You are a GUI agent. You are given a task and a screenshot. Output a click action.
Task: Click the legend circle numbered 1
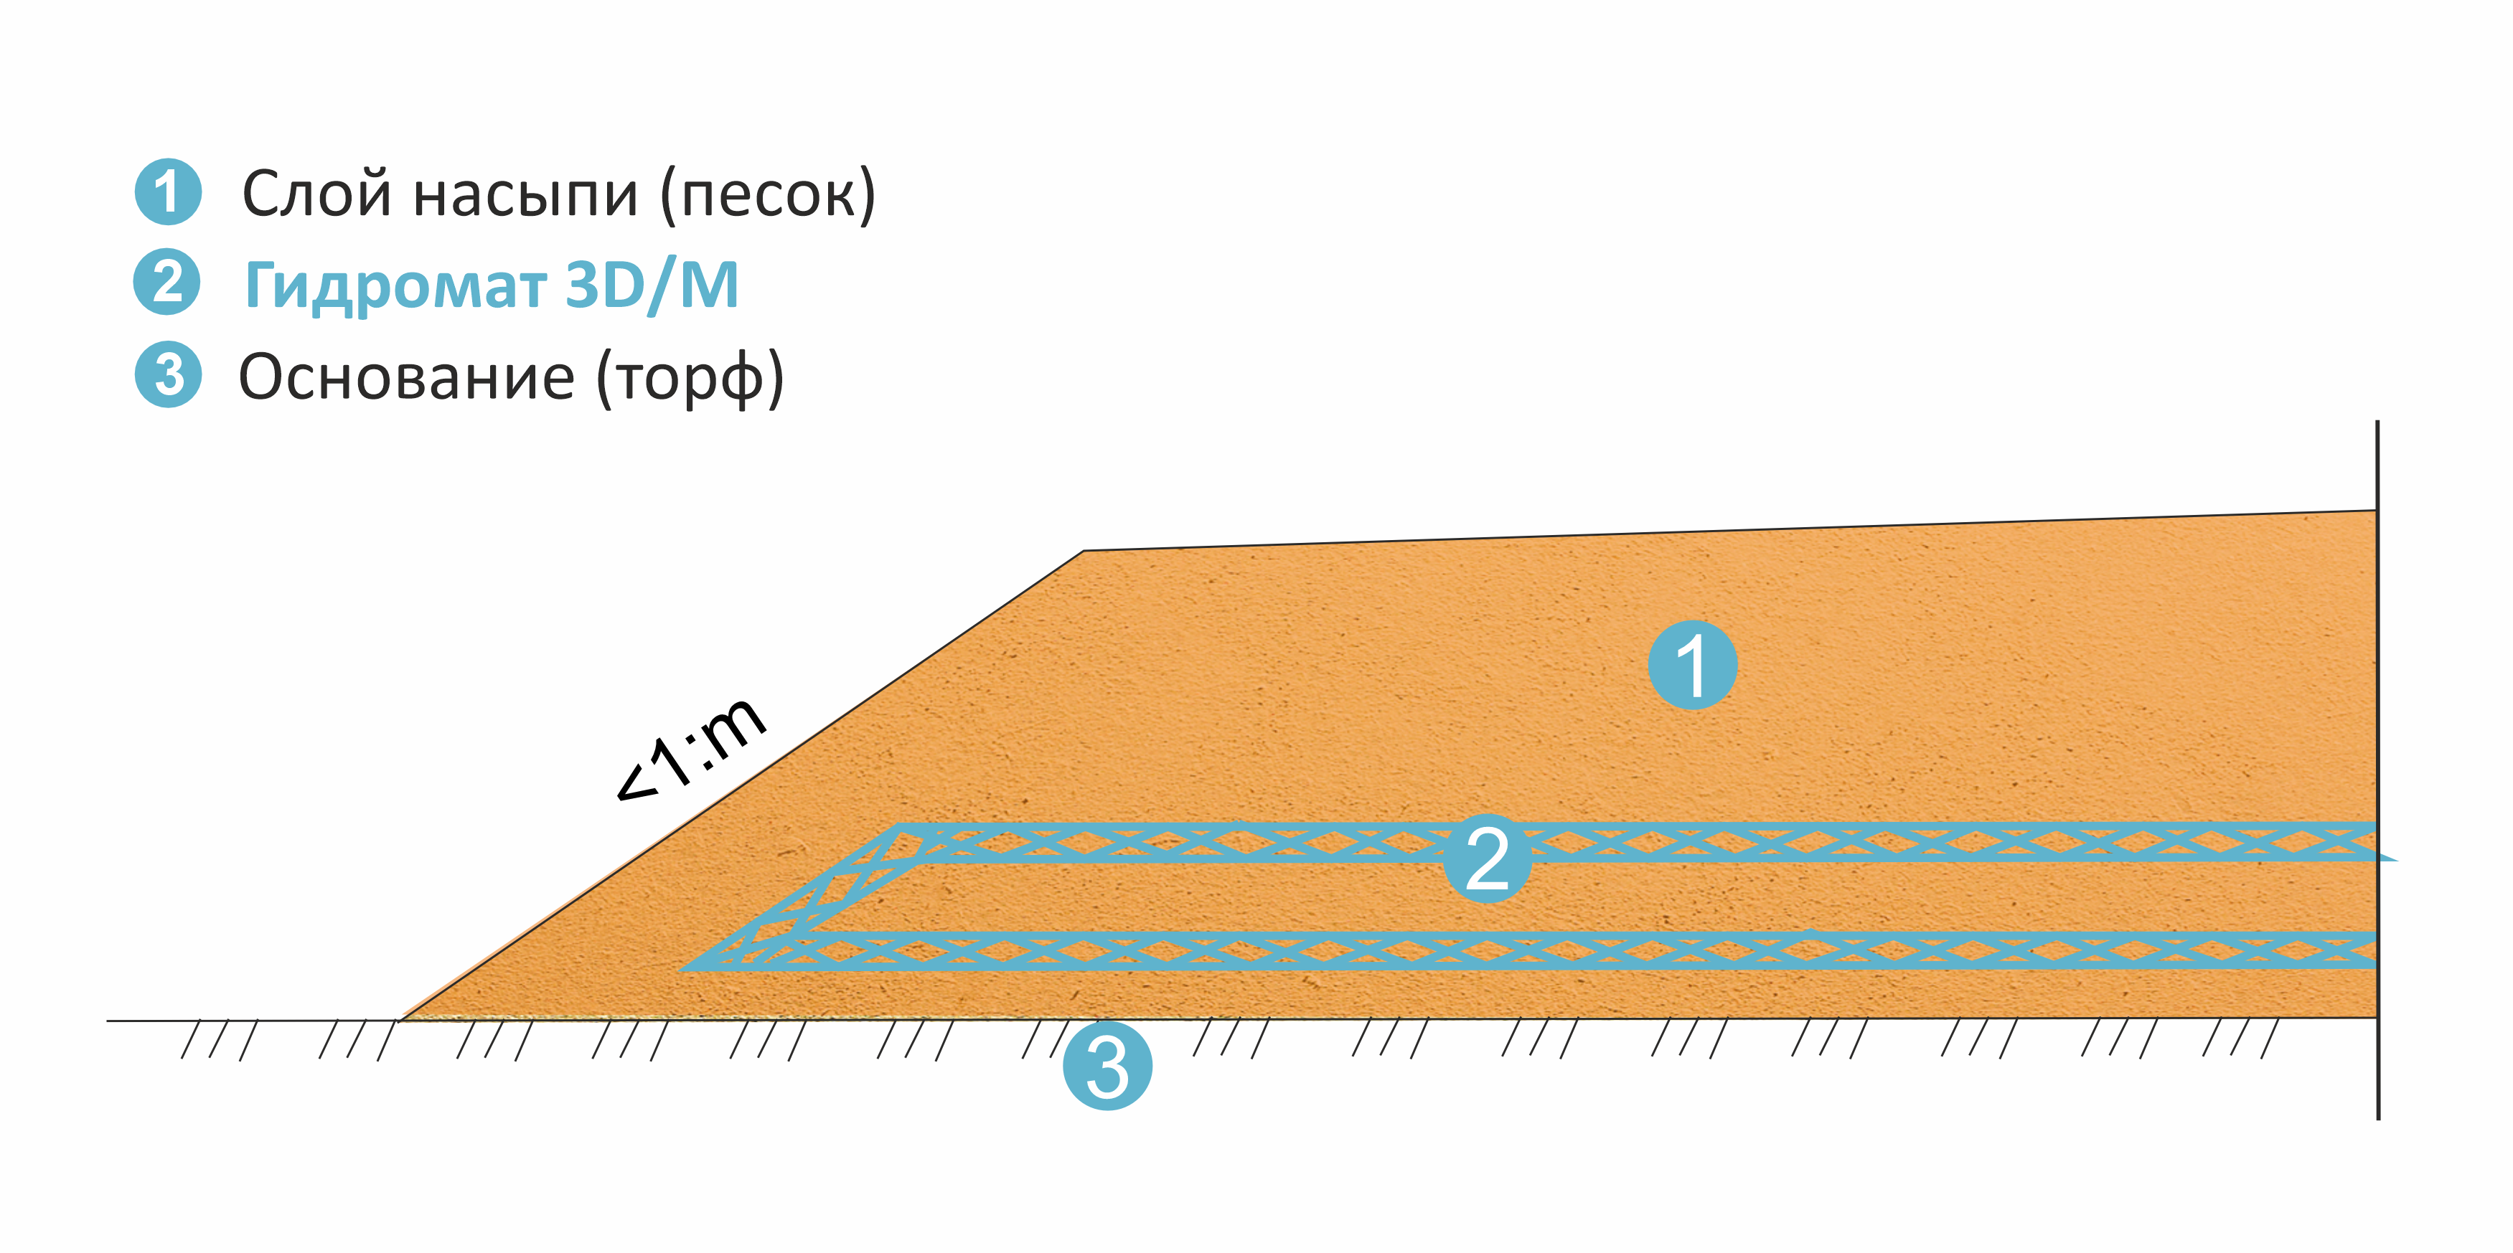click(x=168, y=192)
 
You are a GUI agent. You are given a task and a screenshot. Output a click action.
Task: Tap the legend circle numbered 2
click(x=166, y=282)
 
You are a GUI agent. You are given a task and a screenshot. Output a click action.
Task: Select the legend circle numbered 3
click(x=168, y=374)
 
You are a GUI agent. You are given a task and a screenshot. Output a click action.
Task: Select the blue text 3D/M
click(x=652, y=285)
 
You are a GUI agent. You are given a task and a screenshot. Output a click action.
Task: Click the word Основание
click(x=407, y=377)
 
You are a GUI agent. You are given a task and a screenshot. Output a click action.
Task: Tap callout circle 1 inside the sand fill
click(x=1693, y=664)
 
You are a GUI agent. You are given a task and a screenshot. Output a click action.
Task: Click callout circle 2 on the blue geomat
click(x=1487, y=858)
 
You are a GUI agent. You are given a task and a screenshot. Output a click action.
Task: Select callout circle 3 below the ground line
click(x=1107, y=1066)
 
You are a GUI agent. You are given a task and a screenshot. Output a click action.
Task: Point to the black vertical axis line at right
click(x=2377, y=770)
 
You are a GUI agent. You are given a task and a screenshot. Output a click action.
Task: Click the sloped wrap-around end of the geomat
click(x=800, y=897)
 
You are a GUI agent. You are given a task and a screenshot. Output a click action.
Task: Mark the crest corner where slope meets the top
click(x=1083, y=551)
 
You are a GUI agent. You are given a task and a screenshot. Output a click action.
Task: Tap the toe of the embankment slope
click(x=400, y=1020)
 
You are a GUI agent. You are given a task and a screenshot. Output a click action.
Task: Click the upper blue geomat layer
click(x=1639, y=843)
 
